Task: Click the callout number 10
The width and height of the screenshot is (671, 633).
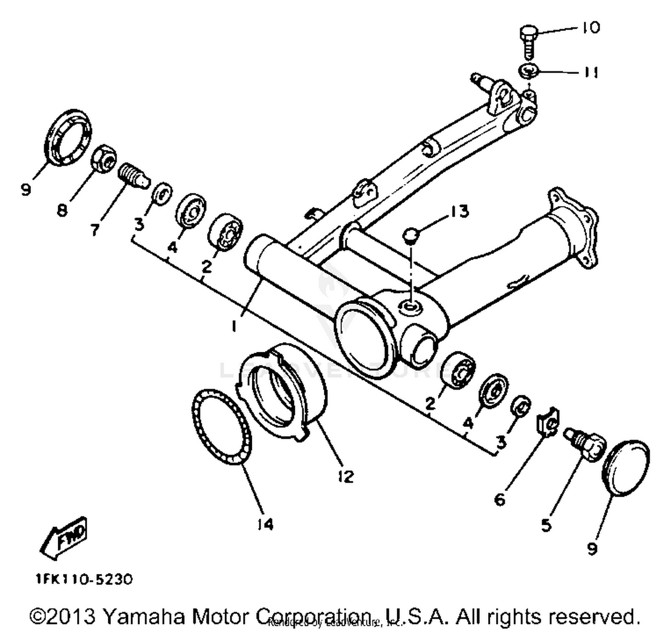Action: click(x=591, y=28)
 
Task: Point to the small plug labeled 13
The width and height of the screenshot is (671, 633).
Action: click(x=411, y=234)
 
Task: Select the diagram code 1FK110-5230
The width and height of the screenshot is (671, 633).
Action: click(x=84, y=580)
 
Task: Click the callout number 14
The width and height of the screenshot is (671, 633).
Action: click(x=265, y=524)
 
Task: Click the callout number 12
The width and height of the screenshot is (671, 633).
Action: click(x=345, y=476)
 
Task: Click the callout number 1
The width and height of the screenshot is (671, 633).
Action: click(x=234, y=327)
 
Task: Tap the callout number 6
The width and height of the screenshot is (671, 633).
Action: click(x=500, y=499)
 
